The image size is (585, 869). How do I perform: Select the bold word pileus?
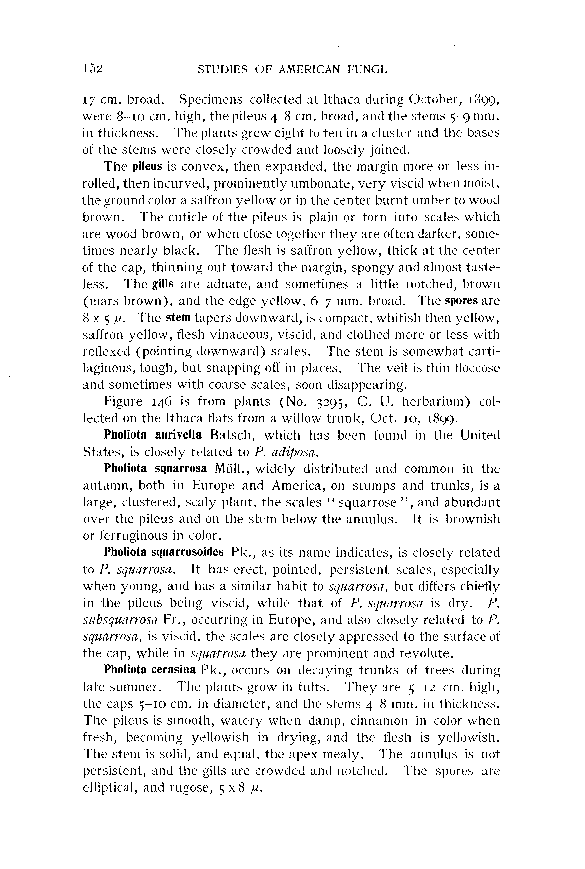(148, 166)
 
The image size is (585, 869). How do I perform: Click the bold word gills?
(163, 284)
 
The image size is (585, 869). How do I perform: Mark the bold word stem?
(178, 318)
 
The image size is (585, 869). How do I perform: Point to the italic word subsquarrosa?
(120, 620)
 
